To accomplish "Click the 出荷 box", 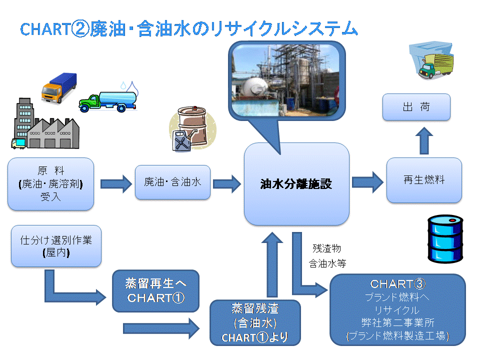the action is point(416,107).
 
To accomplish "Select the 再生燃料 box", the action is point(424,180).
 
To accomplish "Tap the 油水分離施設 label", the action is point(296,184).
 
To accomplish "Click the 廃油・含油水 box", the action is point(172,182).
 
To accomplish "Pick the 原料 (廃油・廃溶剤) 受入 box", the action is point(51,183).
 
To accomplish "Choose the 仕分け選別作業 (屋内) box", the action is point(56,246).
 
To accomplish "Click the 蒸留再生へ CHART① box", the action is point(155,291).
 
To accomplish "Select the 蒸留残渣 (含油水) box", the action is point(255,322).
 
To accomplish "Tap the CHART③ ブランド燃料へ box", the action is point(397,309).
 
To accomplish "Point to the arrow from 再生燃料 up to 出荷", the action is point(424,141).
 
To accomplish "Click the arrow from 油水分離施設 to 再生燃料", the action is point(367,182).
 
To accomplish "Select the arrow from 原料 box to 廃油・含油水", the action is point(116,183).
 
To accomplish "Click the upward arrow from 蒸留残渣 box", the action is point(272,264).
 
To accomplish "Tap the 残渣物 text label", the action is point(326,248).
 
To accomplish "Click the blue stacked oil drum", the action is point(445,239).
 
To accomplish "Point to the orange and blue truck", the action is point(59,88).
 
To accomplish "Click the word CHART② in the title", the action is point(55,29).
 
